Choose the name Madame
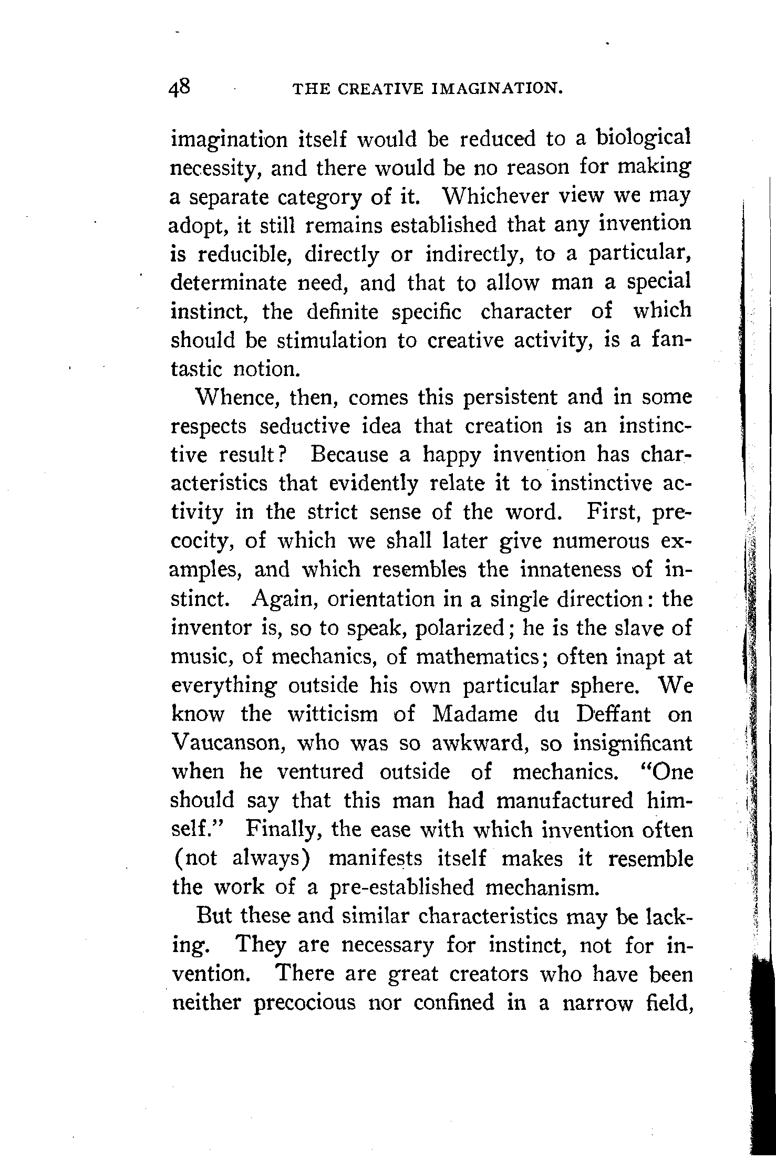pyautogui.click(x=475, y=715)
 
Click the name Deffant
pyautogui.click(x=613, y=715)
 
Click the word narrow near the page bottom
pyautogui.click(x=597, y=1003)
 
